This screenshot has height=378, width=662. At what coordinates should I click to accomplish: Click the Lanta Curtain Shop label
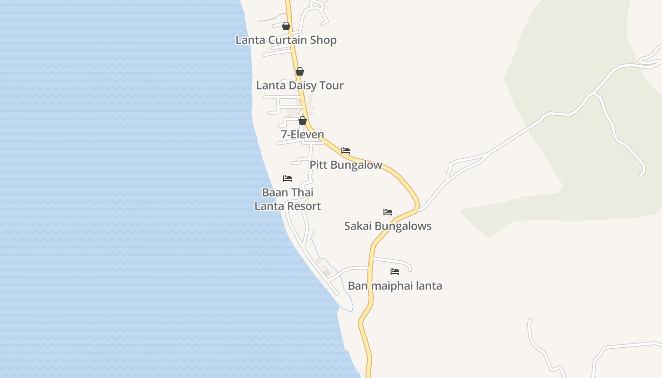[x=286, y=40]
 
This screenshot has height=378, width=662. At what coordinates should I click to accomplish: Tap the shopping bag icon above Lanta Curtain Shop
[x=286, y=26]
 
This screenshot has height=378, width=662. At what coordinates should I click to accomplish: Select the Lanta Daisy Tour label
[x=300, y=86]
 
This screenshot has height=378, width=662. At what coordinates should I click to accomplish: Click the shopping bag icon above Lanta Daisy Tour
[x=300, y=71]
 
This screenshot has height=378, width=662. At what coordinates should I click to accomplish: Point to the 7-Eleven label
[x=303, y=135]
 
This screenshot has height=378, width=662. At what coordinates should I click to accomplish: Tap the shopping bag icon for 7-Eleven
[x=303, y=120]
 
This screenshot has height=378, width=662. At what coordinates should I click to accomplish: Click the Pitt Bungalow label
[x=346, y=165]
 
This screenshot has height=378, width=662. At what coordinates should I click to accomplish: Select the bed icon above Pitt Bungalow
[x=346, y=151]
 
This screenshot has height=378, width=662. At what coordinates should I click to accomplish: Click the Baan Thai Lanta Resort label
[x=287, y=199]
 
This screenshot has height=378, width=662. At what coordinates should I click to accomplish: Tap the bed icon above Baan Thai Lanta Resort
[x=287, y=179]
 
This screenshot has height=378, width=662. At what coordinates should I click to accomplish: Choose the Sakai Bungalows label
[x=388, y=226]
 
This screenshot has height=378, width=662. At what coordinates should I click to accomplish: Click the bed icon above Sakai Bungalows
[x=388, y=212]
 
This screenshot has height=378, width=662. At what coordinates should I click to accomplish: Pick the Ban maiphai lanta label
[x=395, y=286]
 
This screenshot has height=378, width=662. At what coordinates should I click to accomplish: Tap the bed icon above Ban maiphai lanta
[x=395, y=272]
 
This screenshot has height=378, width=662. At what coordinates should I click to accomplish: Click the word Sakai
[x=358, y=226]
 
